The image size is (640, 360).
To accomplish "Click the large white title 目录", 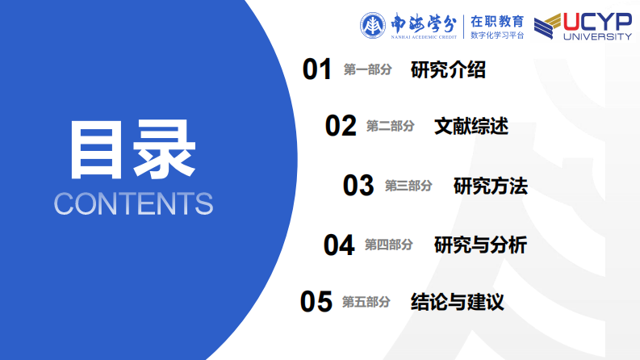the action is pos(133,149).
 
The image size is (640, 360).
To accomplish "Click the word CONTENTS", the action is pos(133,203).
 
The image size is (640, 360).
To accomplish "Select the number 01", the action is pos(316,69).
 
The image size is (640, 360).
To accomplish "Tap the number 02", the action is pos(341,126).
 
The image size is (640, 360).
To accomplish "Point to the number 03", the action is pos(358,186).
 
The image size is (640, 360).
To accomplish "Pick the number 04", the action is pos(339,245).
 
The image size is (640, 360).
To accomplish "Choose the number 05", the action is pos(316,302).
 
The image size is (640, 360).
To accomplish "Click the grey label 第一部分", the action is pos(367,69).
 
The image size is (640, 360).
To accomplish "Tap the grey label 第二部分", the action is pos(390,126).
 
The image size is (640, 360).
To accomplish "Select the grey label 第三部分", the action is pos(408,186).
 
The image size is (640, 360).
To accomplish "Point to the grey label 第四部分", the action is pos(388,245).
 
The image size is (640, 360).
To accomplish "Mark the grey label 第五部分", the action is pos(366,302).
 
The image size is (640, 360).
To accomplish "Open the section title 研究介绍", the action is pos(448,69).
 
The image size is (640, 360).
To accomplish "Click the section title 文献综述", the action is pos(471,126).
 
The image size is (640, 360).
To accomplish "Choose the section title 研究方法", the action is pos(491,186).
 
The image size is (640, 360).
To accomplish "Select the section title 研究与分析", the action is pos(480,245).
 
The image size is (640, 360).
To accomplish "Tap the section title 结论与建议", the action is pos(457,302).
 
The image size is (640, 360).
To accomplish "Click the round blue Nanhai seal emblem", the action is pos(372,26).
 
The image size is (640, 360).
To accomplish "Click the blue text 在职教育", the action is pos(497,21).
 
